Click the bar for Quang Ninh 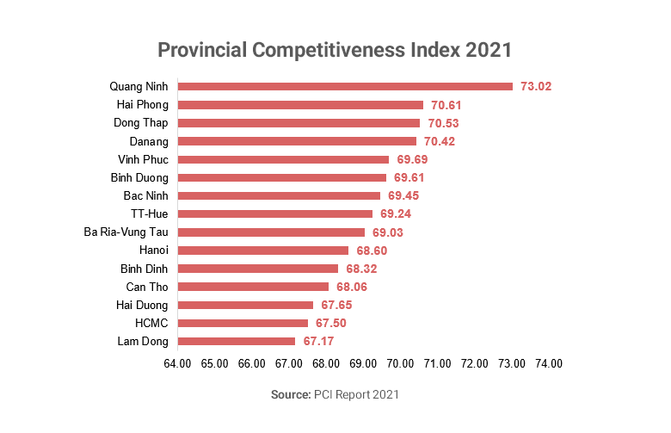tap(344, 86)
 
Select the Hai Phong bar tap(300, 105)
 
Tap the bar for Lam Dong tap(236, 342)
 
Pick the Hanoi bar tap(262, 251)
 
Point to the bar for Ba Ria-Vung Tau tap(271, 232)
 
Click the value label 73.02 tap(535, 86)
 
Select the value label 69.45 tap(403, 196)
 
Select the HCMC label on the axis tap(151, 324)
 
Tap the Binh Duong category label tap(140, 177)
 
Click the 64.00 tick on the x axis tap(177, 364)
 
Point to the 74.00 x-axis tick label tap(549, 364)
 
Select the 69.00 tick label tap(363, 364)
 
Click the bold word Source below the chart tap(288, 394)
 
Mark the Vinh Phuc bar tap(283, 159)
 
